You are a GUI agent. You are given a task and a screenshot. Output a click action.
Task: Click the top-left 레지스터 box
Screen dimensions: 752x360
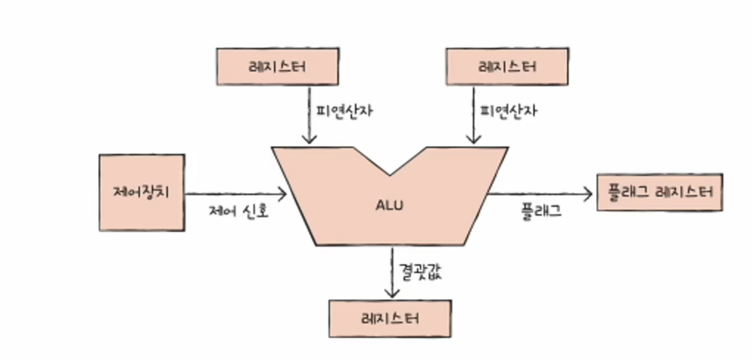(x=277, y=67)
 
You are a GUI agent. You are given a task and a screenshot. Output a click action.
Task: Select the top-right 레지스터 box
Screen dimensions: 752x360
(x=507, y=67)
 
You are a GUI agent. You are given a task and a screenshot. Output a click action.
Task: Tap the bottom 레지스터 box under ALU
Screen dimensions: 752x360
(x=390, y=319)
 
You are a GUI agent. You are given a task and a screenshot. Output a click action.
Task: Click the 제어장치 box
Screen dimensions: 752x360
(x=141, y=192)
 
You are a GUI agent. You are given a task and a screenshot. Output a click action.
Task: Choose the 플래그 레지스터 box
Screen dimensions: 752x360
(x=660, y=193)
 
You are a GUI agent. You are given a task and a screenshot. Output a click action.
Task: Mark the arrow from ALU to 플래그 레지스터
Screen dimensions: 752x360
(x=541, y=194)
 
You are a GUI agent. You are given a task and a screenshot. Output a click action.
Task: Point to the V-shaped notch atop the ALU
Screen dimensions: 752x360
(x=390, y=166)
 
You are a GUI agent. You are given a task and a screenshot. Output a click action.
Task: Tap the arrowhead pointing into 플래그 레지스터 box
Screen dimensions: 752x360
(x=587, y=194)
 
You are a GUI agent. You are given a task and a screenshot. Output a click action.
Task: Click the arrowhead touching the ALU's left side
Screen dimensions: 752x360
(x=281, y=194)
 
